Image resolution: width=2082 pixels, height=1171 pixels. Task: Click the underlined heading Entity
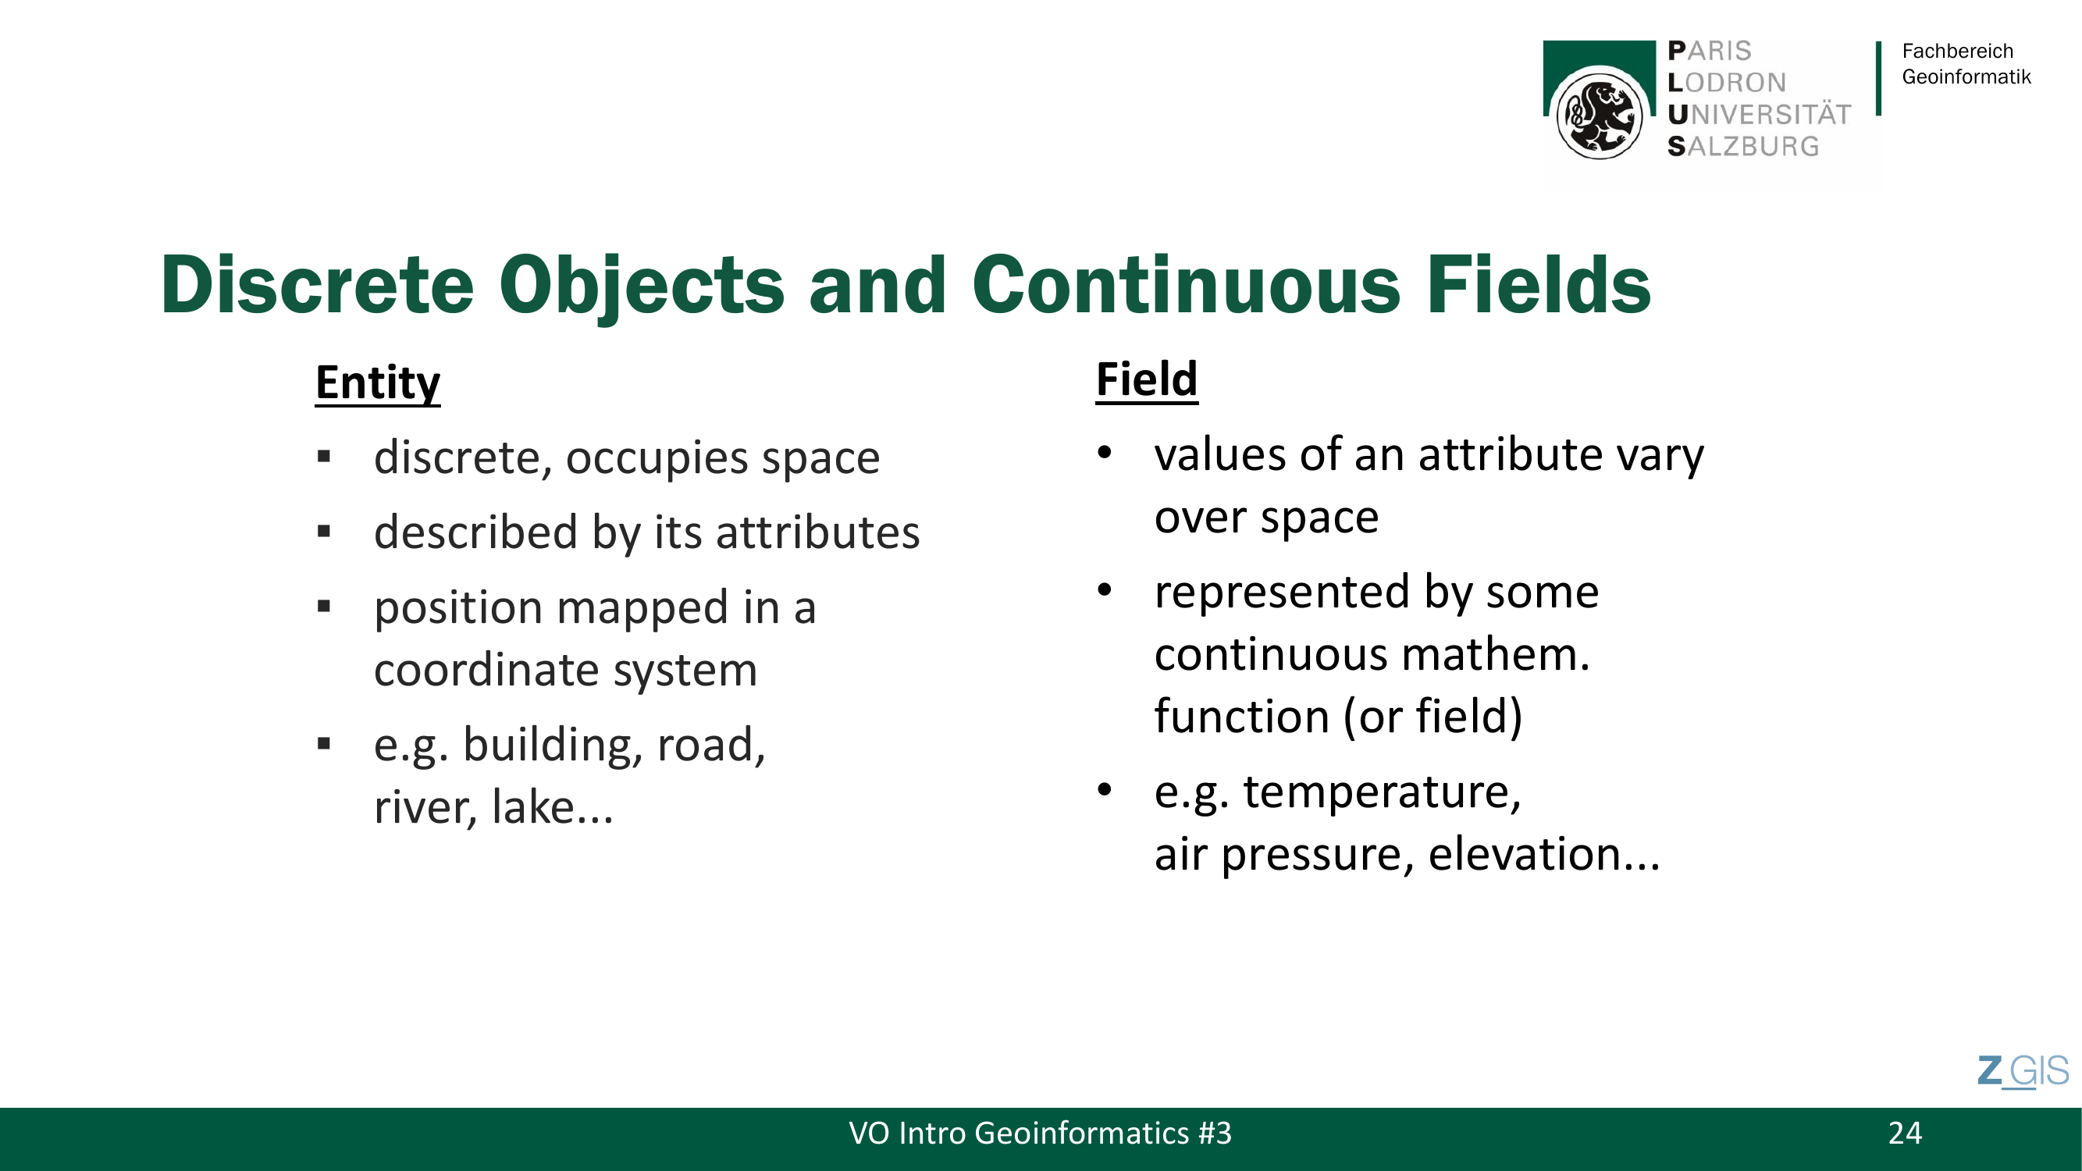pyautogui.click(x=377, y=383)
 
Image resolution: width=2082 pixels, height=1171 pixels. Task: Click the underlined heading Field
pyautogui.click(x=1147, y=379)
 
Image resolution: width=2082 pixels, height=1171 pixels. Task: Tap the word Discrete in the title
pyautogui.click(x=318, y=284)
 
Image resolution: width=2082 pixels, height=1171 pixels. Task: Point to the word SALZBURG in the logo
pyautogui.click(x=1743, y=146)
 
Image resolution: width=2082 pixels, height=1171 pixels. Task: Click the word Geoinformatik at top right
pyautogui.click(x=1966, y=77)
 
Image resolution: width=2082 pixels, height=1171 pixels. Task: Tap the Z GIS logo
pyautogui.click(x=2023, y=1072)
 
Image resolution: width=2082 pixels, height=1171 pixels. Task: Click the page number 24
pyautogui.click(x=1905, y=1133)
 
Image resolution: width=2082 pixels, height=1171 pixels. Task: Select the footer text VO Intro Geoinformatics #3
pyautogui.click(x=1040, y=1133)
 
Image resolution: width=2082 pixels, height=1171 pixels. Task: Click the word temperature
pyautogui.click(x=1382, y=792)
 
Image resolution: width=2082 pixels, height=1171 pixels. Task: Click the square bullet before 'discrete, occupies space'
pyautogui.click(x=324, y=457)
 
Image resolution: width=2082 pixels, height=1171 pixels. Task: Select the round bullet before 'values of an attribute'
pyautogui.click(x=1105, y=454)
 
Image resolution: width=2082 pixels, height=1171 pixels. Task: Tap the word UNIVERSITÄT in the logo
pyautogui.click(x=1759, y=114)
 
